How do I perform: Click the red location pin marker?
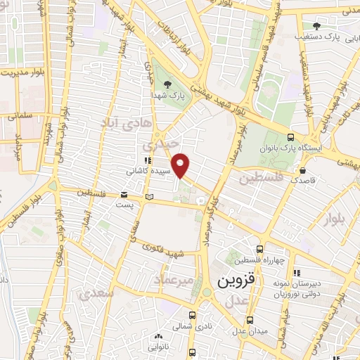(x=181, y=166)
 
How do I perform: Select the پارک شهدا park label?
(x=165, y=94)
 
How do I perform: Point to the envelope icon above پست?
(x=124, y=195)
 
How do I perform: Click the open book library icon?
(x=148, y=195)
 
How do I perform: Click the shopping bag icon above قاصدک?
(x=302, y=170)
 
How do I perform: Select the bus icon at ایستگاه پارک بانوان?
(x=291, y=138)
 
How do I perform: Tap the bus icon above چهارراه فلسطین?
(x=260, y=249)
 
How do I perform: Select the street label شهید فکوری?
(x=162, y=248)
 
